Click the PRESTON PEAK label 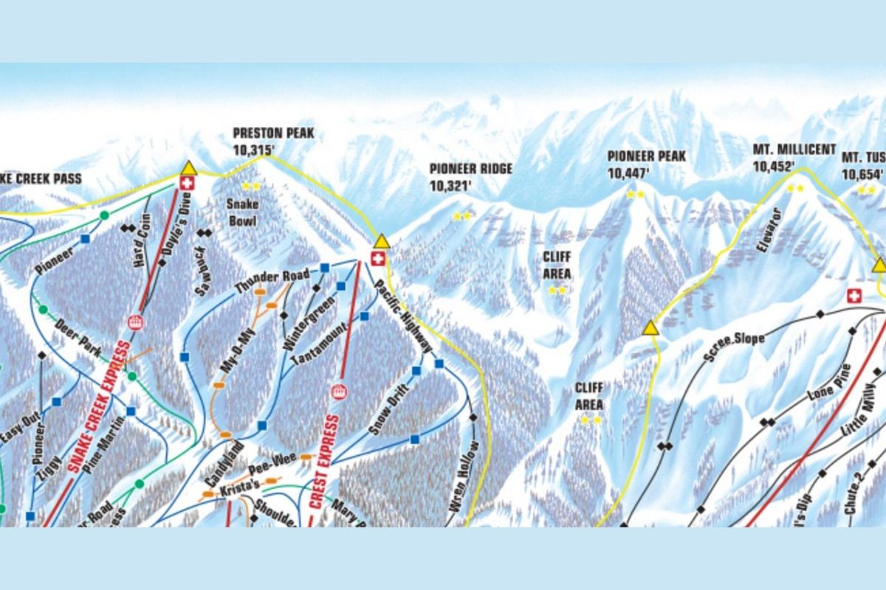(x=273, y=133)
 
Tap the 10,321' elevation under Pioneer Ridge (x=450, y=185)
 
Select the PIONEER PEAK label (x=647, y=156)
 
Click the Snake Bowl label (x=242, y=212)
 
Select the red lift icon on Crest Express (x=339, y=392)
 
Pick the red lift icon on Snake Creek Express (x=134, y=322)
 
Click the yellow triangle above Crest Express (x=381, y=241)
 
